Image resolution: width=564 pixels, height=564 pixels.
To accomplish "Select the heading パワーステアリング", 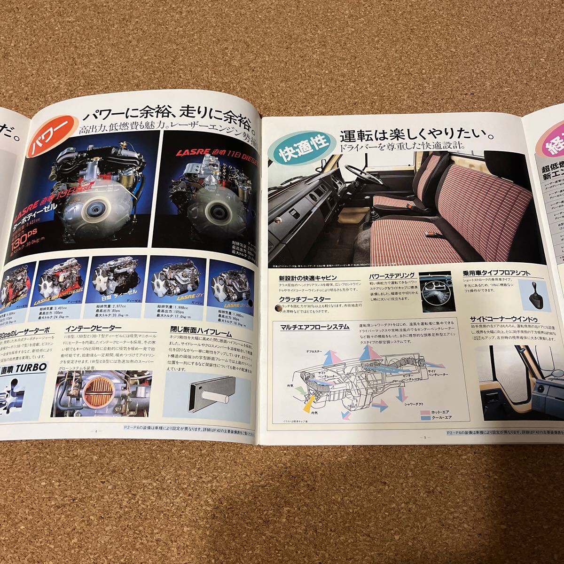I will click(392, 276).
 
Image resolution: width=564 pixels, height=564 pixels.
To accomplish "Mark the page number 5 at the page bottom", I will click(424, 438).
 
